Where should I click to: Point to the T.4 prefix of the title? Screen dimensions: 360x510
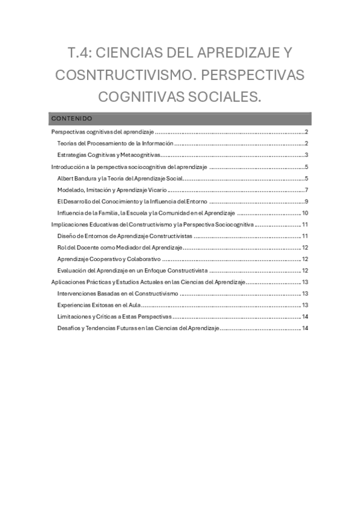click(x=80, y=53)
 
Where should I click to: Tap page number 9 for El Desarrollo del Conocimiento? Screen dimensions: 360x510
click(x=306, y=201)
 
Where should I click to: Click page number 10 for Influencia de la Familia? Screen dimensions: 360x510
click(x=305, y=213)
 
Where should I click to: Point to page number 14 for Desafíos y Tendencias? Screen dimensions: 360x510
click(x=305, y=328)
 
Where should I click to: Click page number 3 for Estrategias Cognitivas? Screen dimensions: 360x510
click(x=306, y=155)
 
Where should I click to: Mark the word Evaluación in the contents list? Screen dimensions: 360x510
click(x=72, y=271)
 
